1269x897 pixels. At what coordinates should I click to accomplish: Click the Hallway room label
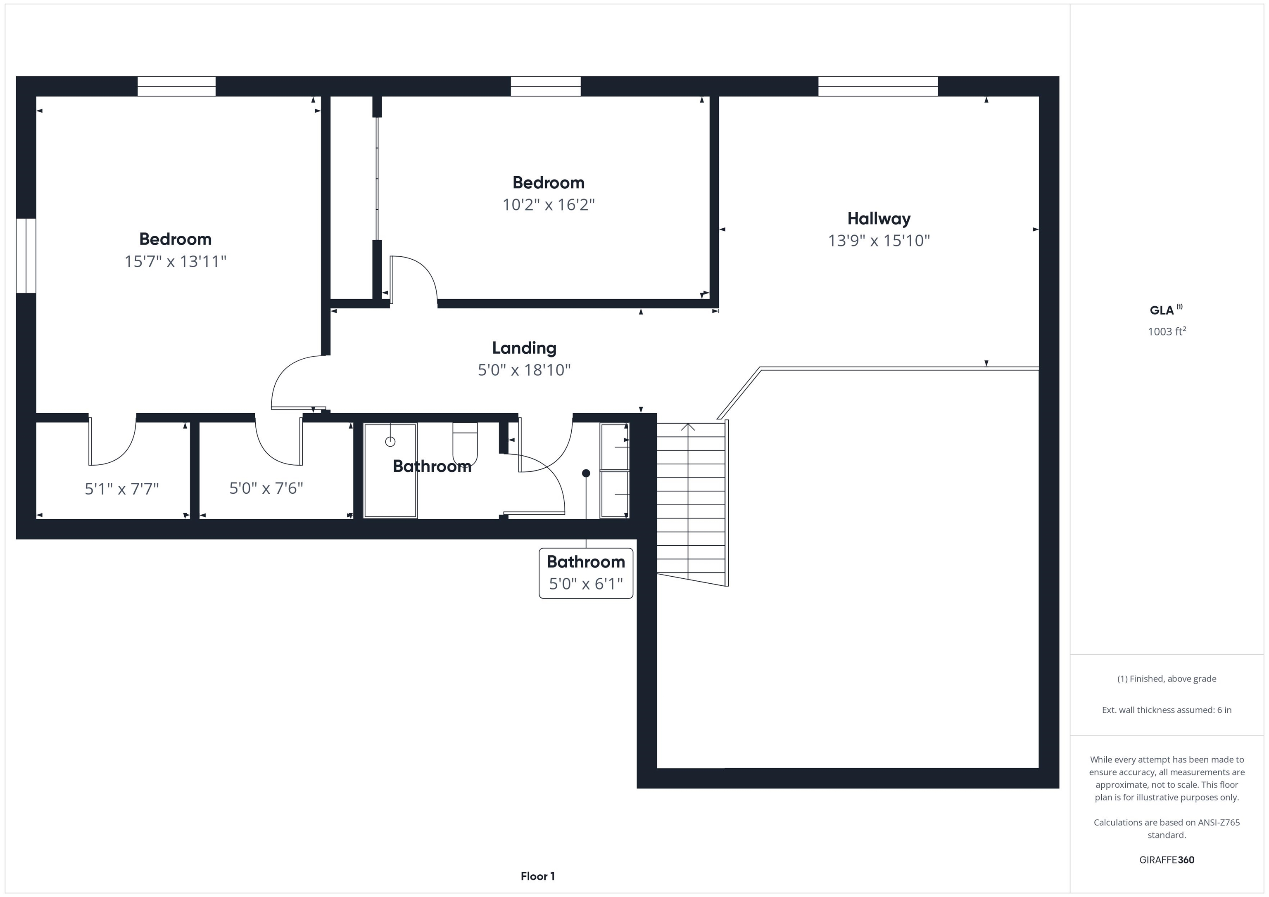878,219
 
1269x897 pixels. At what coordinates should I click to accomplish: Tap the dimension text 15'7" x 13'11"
175,261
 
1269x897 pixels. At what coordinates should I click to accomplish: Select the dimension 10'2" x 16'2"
548,205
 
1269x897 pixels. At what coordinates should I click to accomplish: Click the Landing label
524,348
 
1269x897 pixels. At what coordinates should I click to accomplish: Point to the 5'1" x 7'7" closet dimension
121,489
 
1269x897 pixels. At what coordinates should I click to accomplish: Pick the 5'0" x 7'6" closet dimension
266,488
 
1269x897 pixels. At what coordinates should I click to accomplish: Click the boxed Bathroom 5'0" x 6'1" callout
585,573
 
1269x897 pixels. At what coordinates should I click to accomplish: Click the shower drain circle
390,441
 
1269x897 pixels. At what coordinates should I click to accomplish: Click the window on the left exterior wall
26,256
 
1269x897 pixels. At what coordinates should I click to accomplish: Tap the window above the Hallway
878,86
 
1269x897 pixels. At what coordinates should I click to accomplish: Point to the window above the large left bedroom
176,86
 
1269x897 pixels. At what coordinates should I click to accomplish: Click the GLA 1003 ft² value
1166,331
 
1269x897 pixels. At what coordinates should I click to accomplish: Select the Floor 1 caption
537,876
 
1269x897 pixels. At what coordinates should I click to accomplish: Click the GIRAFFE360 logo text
1166,860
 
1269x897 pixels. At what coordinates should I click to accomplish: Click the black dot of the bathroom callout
586,473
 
